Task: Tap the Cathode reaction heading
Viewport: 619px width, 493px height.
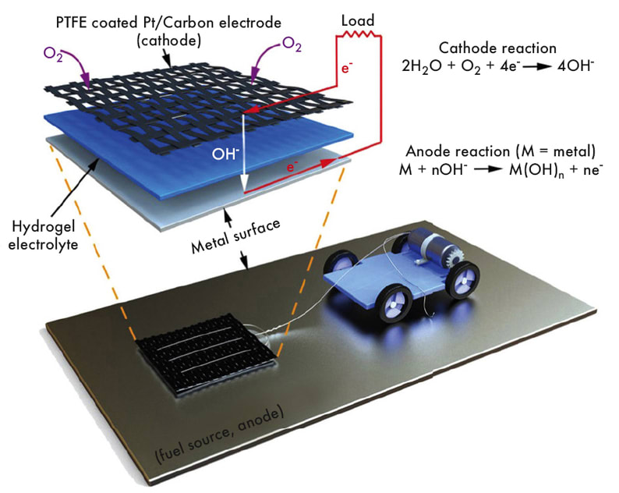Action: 497,48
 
